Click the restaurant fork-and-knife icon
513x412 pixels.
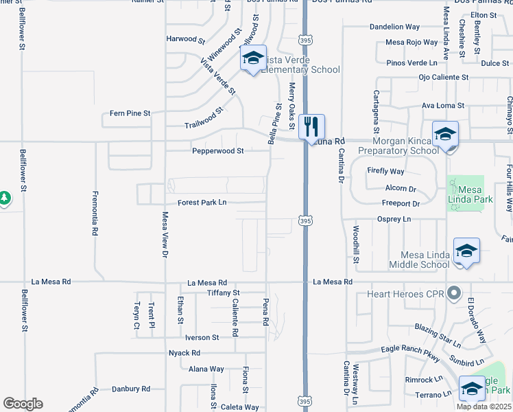(312, 126)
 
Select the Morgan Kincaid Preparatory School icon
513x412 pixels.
(444, 133)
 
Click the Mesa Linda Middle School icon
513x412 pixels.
(466, 250)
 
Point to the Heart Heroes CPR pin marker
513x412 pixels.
(453, 294)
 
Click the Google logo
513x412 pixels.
(23, 404)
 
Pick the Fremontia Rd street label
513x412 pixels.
(94, 214)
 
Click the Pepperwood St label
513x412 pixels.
(217, 150)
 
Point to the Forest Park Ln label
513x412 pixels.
(202, 203)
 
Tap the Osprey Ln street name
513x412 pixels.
(394, 219)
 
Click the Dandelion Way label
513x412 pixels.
(394, 27)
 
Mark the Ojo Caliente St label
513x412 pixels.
(444, 78)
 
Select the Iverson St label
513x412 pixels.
(202, 338)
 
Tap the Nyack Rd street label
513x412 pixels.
(184, 353)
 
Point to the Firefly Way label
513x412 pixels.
(385, 171)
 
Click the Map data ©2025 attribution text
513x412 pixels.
(484, 407)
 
